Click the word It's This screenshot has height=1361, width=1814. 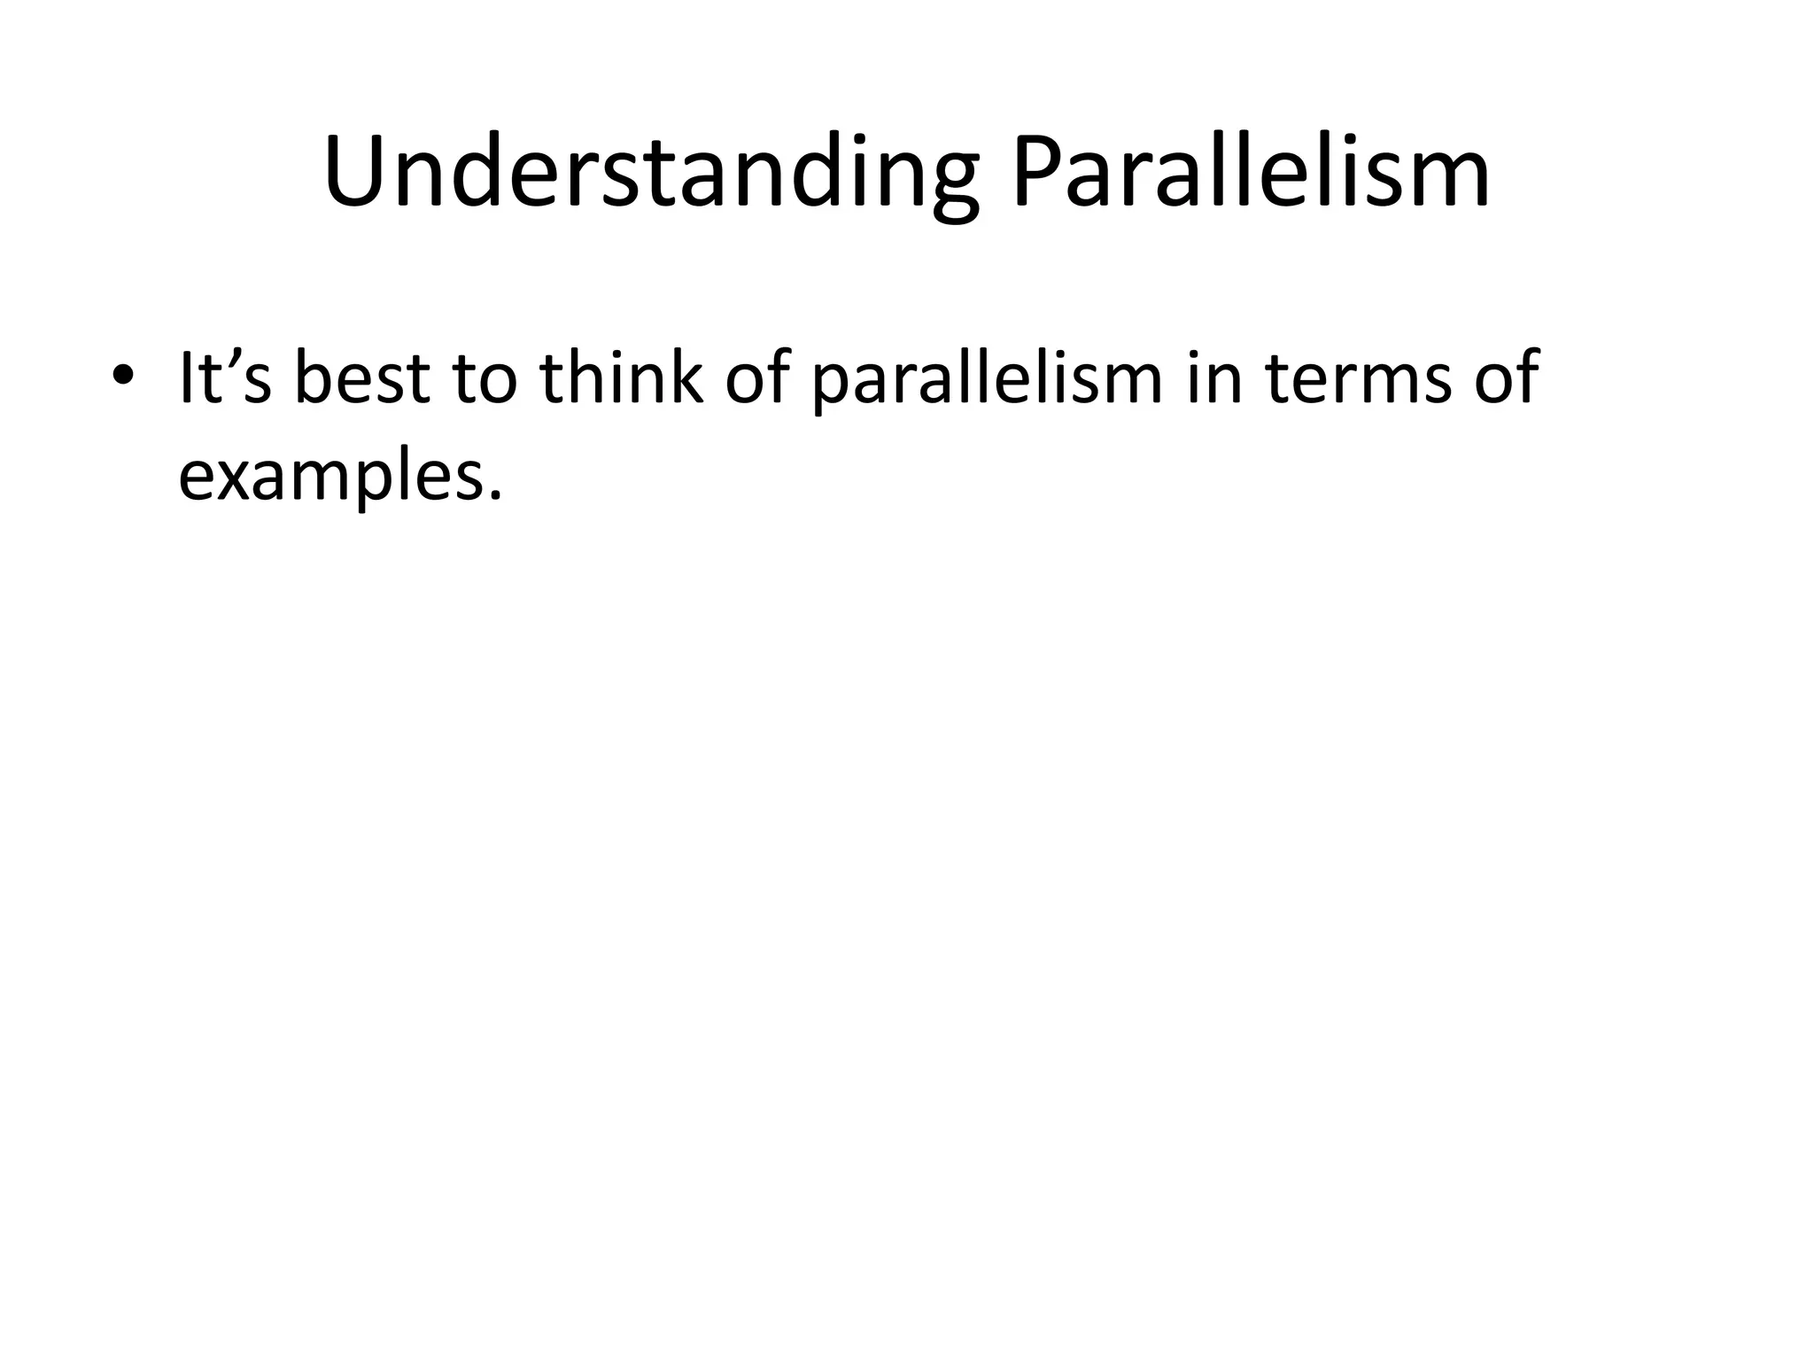225,378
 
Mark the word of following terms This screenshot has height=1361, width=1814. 1506,378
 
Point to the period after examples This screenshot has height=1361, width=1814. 493,494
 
